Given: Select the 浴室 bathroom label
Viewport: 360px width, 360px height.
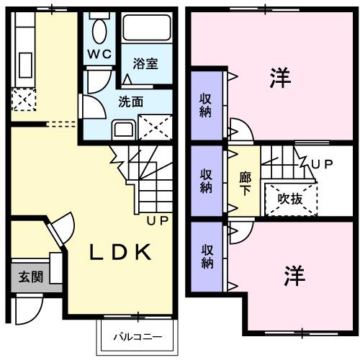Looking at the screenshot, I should [x=146, y=63].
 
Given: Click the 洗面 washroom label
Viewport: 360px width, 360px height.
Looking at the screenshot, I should [x=131, y=102].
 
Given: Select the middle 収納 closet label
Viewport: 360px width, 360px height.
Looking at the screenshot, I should [x=207, y=180].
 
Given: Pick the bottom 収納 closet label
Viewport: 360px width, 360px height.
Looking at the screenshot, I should [x=207, y=256].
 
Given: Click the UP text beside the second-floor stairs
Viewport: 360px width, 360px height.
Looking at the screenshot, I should [x=322, y=164].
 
